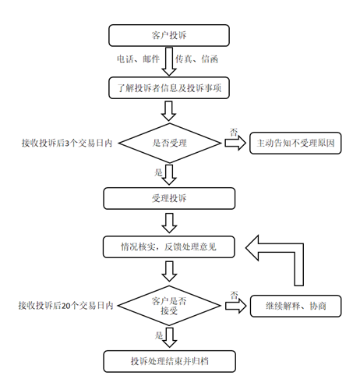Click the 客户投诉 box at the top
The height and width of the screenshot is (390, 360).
[x=169, y=35]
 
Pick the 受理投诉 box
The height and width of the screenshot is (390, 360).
[x=169, y=199]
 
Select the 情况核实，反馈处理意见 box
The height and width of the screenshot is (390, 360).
[x=169, y=247]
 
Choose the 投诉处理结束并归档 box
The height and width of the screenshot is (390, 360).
[x=169, y=361]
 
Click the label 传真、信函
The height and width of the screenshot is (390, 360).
[x=196, y=59]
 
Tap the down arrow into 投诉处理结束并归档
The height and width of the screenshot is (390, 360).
[x=169, y=336]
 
